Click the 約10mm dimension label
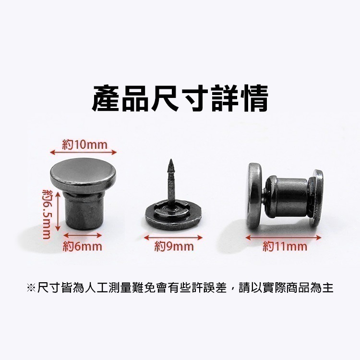tap(84, 144)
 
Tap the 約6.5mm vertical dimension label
tap(47, 214)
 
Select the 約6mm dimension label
tap(83, 247)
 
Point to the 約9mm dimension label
tap(174, 247)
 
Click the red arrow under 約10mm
tap(84, 152)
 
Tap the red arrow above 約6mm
tap(83, 236)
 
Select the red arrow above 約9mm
tap(173, 237)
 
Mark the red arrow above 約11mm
tap(283, 237)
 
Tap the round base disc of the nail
tap(173, 219)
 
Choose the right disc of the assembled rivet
tap(317, 197)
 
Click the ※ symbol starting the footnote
tap(31, 288)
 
